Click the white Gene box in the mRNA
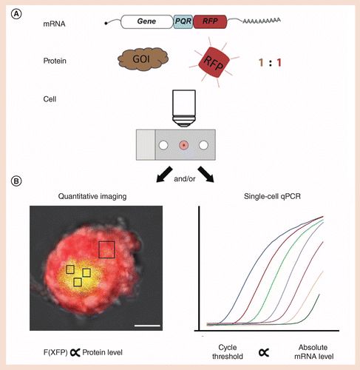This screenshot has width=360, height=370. (147, 21)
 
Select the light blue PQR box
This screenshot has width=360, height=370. (183, 21)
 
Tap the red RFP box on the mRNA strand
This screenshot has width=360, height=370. (210, 21)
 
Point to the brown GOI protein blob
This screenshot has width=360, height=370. (143, 59)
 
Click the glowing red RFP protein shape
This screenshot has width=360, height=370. (214, 63)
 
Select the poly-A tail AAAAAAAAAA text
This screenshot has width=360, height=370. (262, 21)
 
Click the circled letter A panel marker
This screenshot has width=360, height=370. (16, 14)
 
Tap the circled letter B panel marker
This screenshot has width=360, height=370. (16, 181)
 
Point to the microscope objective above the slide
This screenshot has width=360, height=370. (184, 109)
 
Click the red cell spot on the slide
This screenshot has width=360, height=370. (184, 145)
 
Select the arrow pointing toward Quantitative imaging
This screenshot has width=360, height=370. (164, 175)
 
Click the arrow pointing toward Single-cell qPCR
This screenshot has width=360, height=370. (206, 175)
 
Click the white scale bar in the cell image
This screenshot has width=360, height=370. (147, 326)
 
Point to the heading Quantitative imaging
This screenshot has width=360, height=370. (92, 197)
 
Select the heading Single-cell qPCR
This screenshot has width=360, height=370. (272, 197)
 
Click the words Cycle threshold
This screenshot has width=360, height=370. (228, 352)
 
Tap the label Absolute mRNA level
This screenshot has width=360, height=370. (313, 352)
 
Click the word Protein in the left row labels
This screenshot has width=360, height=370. (55, 61)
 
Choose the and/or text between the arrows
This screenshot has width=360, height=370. (185, 179)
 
